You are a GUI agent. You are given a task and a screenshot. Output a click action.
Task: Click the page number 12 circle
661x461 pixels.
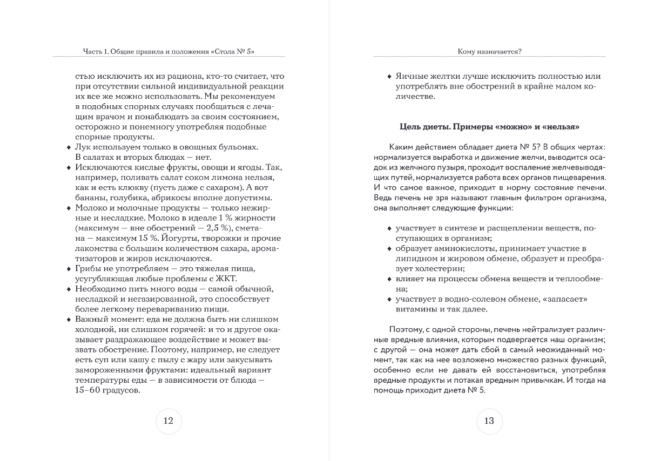click(168, 421)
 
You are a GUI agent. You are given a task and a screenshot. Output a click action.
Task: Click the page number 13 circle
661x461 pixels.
click(489, 421)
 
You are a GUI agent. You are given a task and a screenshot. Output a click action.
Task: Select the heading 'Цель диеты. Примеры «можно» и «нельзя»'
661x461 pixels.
click(489, 127)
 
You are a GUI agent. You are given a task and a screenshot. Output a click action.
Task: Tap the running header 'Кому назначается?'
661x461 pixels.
click(489, 52)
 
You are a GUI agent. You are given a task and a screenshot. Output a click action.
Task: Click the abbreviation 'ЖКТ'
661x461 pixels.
click(227, 279)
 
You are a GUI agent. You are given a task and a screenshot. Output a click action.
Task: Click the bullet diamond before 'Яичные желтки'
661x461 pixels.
click(389, 77)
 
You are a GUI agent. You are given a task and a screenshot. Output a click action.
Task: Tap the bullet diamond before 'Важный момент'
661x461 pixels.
click(69, 320)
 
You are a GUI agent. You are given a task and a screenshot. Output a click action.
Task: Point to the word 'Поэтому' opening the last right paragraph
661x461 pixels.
click(403, 329)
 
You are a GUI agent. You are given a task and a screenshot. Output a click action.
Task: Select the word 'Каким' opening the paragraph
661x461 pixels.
click(400, 147)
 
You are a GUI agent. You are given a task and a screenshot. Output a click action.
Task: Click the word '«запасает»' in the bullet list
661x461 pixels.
click(567, 299)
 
